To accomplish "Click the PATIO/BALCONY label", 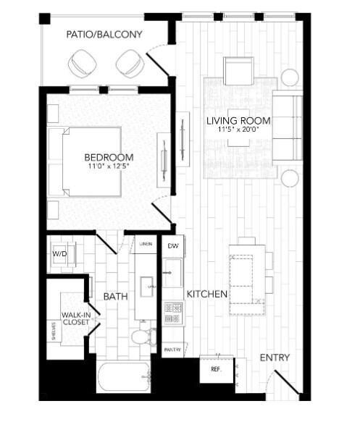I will tap(104, 35).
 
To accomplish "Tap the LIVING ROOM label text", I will tap(239, 120).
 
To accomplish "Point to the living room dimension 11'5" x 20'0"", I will tap(239, 131).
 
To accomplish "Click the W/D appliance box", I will tap(59, 255).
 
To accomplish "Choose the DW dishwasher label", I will tap(172, 247).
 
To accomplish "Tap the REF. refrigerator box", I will tap(215, 368).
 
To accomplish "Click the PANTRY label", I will tap(172, 350).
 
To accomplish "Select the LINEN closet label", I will tap(146, 245).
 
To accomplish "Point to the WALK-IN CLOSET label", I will tap(75, 319).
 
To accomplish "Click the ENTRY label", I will tap(274, 358).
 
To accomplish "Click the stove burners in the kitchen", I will tap(172, 313).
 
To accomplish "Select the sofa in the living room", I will tap(287, 127).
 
